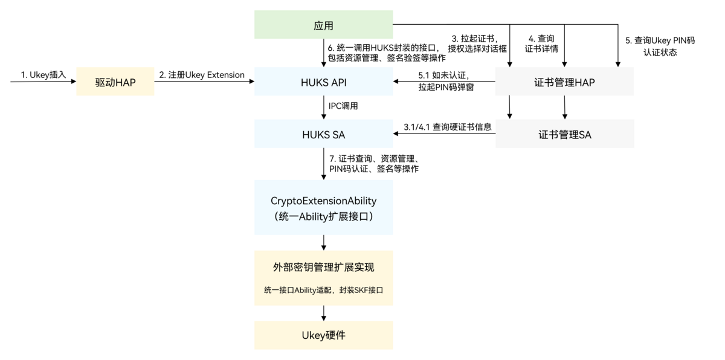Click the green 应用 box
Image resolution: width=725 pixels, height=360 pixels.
coord(323,25)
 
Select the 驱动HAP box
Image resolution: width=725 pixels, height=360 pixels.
coord(115,82)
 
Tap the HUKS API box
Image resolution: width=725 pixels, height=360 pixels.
coord(323,82)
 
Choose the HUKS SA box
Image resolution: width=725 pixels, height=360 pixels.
coord(323,134)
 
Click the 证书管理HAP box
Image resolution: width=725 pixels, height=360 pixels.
coord(564,82)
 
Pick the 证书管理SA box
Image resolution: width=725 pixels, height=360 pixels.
coord(564,134)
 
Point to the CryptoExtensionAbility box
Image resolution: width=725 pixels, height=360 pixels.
coord(323,207)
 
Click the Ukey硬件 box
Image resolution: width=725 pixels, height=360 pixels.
coord(323,335)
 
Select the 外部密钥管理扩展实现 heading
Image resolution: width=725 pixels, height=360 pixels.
coord(323,267)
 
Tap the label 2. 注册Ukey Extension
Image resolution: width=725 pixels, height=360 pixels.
coord(202,75)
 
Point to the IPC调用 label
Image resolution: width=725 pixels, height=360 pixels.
coord(343,106)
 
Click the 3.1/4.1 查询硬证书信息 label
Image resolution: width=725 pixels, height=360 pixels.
coord(448,127)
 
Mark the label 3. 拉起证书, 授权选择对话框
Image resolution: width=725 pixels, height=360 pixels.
coord(477,43)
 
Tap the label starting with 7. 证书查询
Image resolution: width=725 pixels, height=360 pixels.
coord(374,164)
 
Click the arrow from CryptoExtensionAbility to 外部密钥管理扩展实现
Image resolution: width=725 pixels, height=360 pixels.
coord(324,242)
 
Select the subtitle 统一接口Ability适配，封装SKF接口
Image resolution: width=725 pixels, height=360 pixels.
coord(323,290)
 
